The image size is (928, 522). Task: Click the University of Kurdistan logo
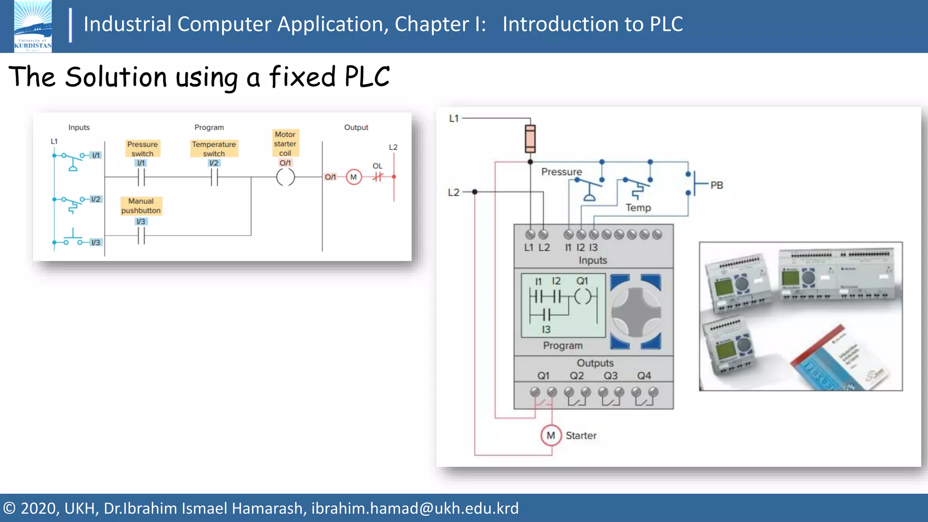[x=33, y=26]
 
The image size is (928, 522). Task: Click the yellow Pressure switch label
[x=142, y=149]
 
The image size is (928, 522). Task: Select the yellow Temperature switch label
[x=214, y=149]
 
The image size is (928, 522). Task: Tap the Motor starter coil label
[x=285, y=144]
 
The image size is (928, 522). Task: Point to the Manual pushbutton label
[x=141, y=206]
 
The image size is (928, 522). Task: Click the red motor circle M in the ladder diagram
[x=353, y=177]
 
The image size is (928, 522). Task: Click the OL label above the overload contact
[x=377, y=166]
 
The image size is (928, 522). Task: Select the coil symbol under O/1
[x=285, y=177]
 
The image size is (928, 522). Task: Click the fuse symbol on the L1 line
[x=530, y=139]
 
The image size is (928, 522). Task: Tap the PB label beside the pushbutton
[x=716, y=185]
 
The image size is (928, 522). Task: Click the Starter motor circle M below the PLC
[x=551, y=435]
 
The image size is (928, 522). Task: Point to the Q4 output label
[x=644, y=376]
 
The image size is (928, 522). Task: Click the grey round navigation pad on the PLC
[x=636, y=312]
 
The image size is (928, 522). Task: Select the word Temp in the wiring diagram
[x=638, y=208]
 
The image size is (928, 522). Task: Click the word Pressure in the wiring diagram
[x=561, y=172]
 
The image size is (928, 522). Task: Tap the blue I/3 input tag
[x=96, y=242]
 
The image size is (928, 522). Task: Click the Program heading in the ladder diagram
[x=209, y=127]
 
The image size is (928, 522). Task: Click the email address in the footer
[x=415, y=508]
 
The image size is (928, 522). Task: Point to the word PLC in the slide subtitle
[x=367, y=77]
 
